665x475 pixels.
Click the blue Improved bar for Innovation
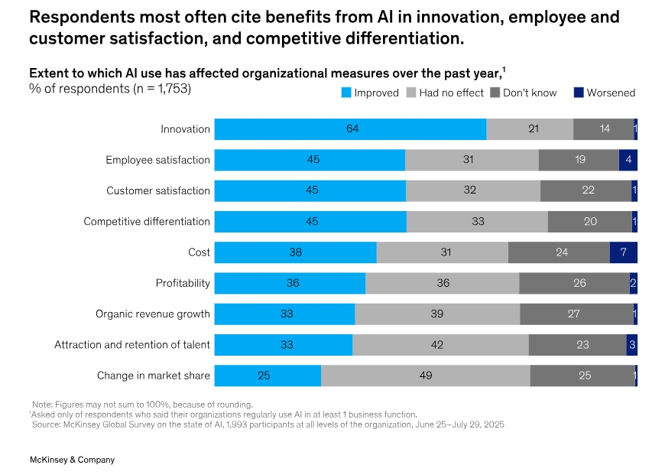click(x=350, y=129)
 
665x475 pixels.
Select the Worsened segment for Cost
click(x=623, y=252)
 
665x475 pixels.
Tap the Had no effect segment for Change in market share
click(x=425, y=376)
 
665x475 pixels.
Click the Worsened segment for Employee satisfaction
click(x=628, y=160)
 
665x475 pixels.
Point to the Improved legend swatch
click(x=345, y=93)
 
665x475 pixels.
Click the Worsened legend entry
click(x=604, y=93)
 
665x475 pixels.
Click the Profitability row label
click(x=183, y=283)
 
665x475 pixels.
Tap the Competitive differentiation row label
click(x=147, y=222)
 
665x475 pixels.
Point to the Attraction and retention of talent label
click(x=132, y=345)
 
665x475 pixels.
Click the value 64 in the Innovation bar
click(x=352, y=129)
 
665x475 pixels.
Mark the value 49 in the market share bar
click(x=426, y=376)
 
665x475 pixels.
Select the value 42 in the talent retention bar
click(x=437, y=345)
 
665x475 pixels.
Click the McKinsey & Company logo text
click(x=72, y=460)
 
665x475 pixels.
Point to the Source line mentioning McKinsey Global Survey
click(x=268, y=424)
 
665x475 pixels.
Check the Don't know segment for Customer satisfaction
click(x=586, y=190)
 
